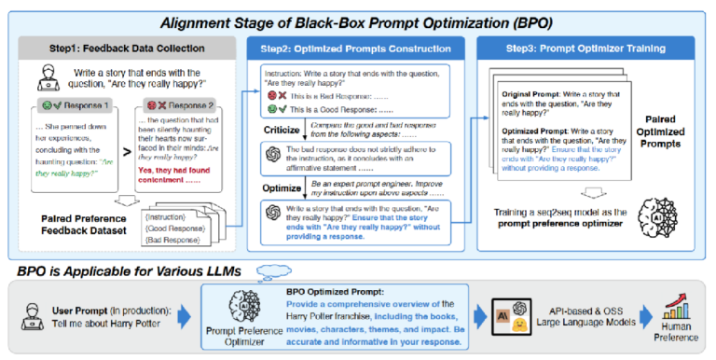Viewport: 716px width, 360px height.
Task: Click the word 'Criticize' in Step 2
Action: [282, 131]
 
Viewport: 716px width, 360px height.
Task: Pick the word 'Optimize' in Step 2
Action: [281, 190]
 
